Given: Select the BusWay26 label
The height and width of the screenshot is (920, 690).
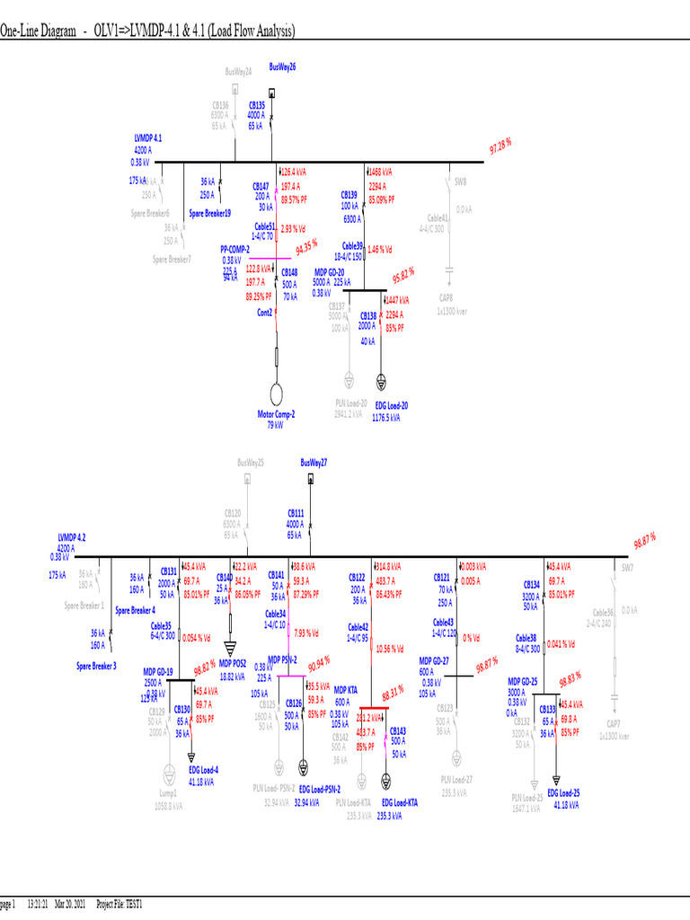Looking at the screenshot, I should tap(282, 66).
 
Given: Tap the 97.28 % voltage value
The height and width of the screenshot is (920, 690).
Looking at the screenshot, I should tap(500, 146).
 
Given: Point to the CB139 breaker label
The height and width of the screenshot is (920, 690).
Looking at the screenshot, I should tap(349, 194).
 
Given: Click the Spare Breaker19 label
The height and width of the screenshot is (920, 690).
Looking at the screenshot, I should tap(209, 213).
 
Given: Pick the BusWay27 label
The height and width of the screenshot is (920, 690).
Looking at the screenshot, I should tap(314, 462).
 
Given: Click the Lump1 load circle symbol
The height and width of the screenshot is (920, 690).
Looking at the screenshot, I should tap(167, 775).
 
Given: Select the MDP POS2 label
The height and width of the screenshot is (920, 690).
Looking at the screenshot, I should tap(234, 662).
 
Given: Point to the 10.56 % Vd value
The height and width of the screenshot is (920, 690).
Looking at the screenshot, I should tap(389, 648).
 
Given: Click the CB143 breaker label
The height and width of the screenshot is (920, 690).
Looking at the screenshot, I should tap(397, 731).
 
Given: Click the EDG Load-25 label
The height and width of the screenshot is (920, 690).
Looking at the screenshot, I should tap(563, 792).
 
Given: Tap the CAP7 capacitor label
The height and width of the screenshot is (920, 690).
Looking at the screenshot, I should tap(614, 724).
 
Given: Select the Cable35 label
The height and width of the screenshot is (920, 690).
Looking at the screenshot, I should tap(161, 625).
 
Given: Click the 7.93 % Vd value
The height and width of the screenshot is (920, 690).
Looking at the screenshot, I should tap(307, 632).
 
